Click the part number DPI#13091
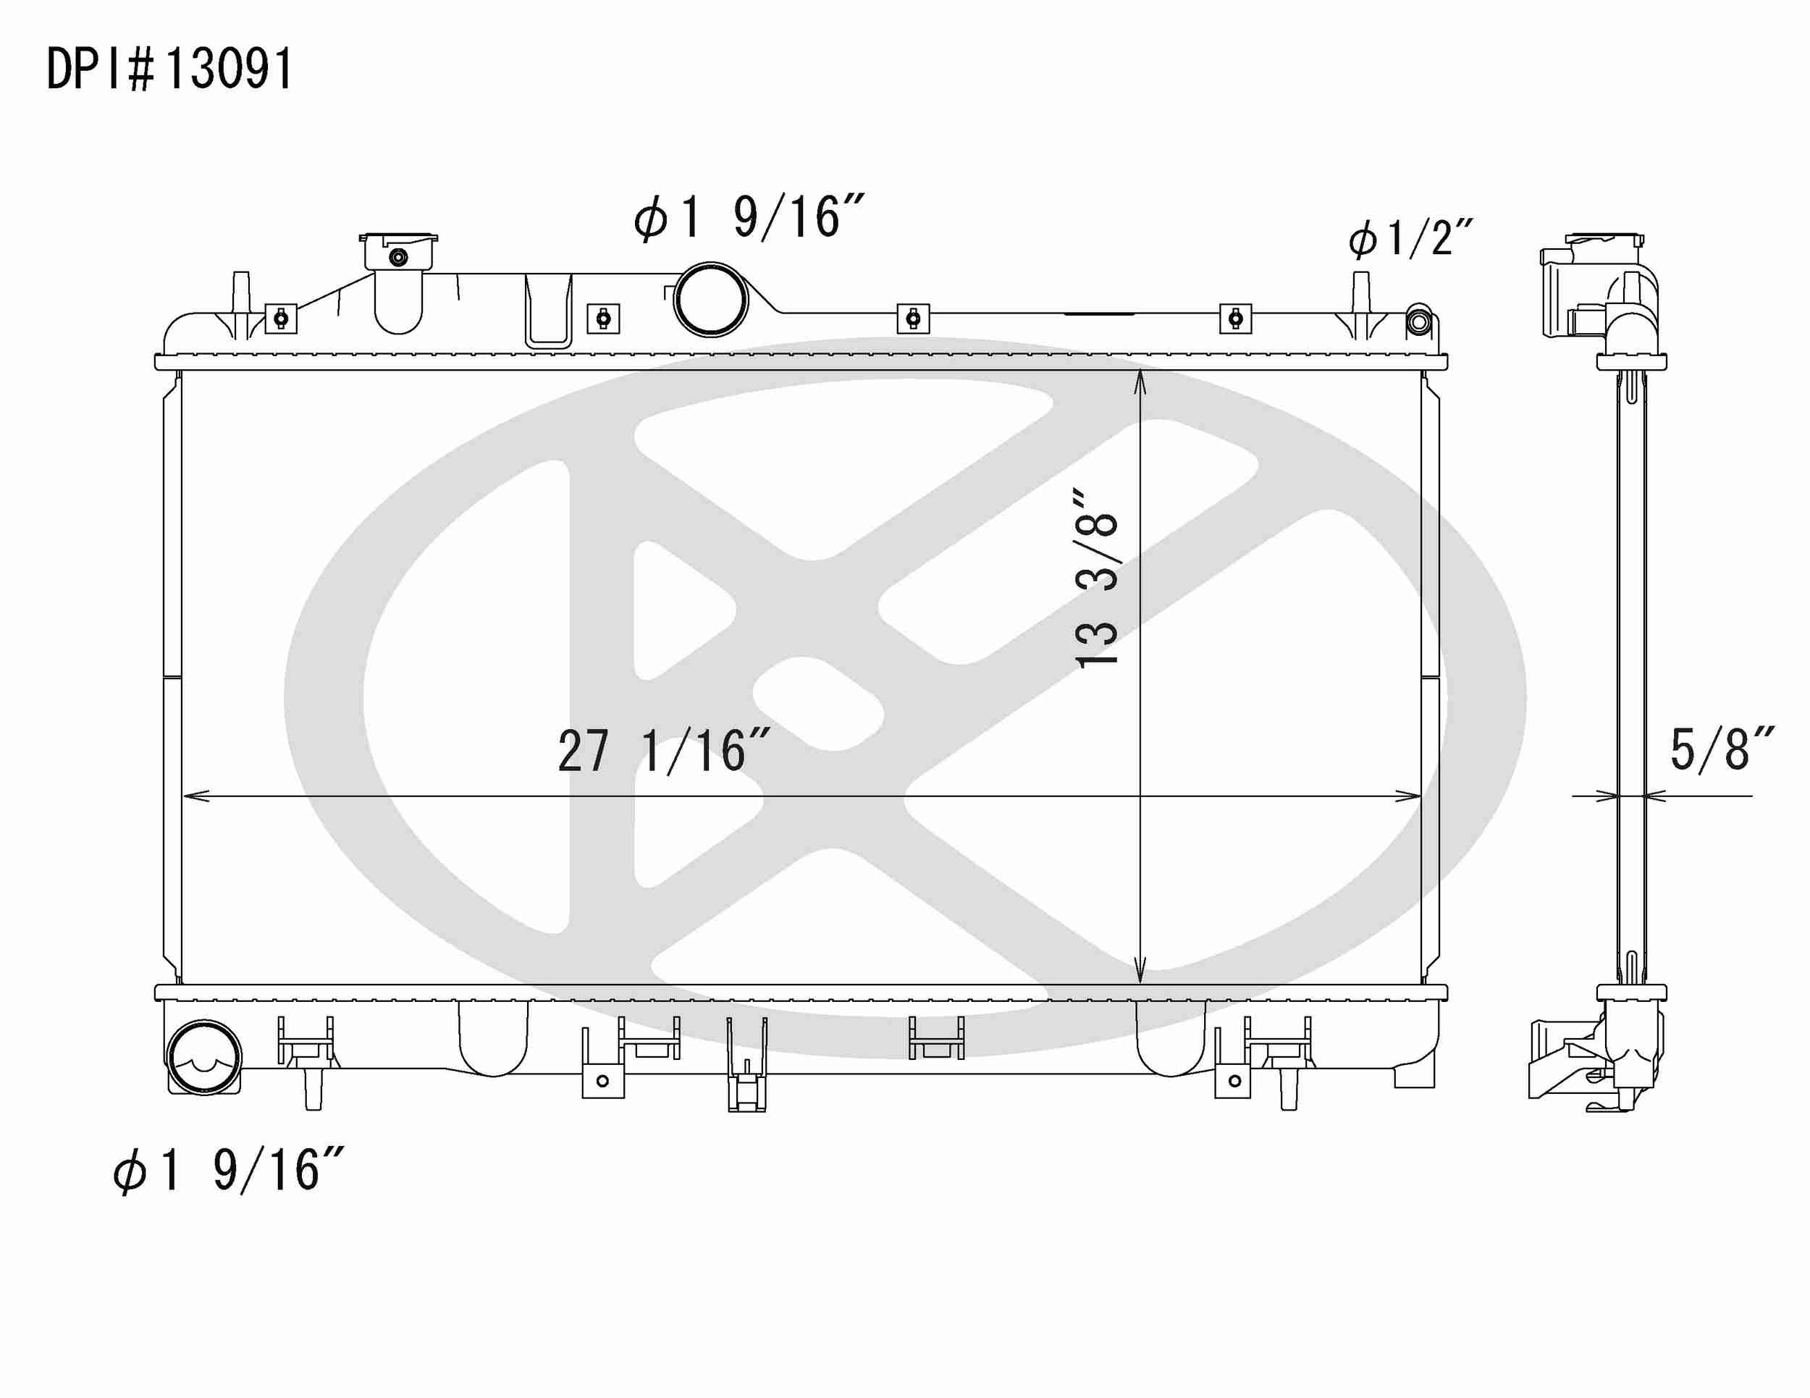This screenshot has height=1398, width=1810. [170, 70]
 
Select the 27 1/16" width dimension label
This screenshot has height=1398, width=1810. [664, 751]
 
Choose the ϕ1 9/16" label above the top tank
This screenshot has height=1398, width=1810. [750, 218]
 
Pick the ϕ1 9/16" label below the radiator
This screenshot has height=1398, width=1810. [229, 1170]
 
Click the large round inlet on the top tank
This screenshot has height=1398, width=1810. [710, 299]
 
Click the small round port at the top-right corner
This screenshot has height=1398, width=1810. [1418, 321]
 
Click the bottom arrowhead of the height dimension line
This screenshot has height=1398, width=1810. [1140, 975]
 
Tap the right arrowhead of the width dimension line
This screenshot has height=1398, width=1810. [1410, 796]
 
